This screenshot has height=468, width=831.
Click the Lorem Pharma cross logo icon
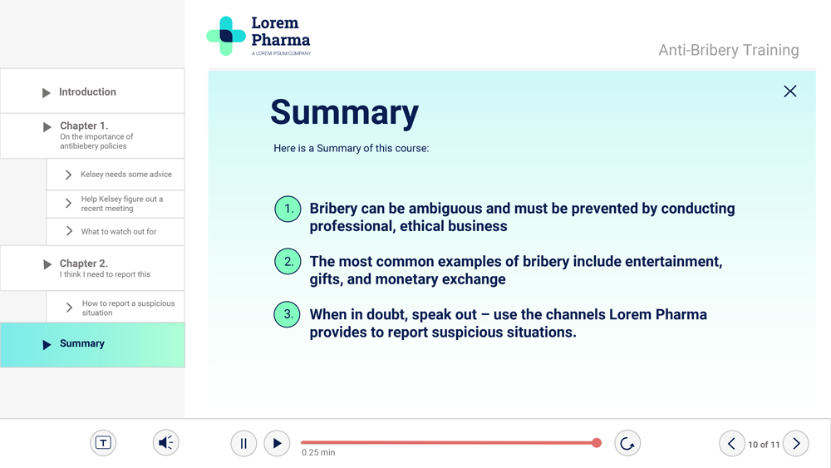click(226, 36)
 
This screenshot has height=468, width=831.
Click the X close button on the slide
click(789, 91)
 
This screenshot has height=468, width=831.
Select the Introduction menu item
click(92, 91)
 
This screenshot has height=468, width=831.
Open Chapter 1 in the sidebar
click(92, 135)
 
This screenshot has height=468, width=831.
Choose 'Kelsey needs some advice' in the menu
click(116, 175)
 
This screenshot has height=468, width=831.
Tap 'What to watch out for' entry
click(116, 232)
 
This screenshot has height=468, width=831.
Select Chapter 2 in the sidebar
click(92, 268)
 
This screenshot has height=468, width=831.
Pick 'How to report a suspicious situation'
click(116, 307)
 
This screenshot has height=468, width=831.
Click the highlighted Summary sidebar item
click(92, 344)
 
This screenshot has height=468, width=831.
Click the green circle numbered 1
click(288, 209)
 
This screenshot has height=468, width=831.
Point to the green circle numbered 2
click(288, 261)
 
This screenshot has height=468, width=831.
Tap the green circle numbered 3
click(288, 314)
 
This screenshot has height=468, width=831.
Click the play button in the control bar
click(277, 443)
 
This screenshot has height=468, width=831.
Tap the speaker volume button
click(166, 442)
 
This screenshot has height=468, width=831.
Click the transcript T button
click(103, 442)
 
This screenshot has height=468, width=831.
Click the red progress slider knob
click(597, 442)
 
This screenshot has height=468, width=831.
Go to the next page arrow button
click(796, 443)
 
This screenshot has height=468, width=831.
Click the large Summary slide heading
click(345, 113)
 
